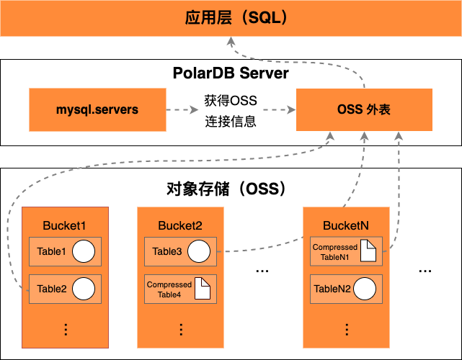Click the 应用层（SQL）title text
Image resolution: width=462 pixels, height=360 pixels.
(x=231, y=17)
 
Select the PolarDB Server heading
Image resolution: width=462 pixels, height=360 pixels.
(x=231, y=73)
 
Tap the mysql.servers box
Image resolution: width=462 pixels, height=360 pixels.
(x=97, y=110)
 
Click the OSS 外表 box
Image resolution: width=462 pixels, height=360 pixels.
(x=364, y=110)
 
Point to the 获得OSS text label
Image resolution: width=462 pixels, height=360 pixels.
(x=231, y=99)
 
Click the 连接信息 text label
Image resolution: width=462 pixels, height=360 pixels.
(x=231, y=120)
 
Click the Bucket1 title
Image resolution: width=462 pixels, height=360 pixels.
(x=65, y=226)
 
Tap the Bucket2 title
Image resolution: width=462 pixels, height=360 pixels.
(x=180, y=226)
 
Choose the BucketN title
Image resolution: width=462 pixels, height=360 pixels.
(x=346, y=226)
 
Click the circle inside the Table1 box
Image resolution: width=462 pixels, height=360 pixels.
(x=84, y=251)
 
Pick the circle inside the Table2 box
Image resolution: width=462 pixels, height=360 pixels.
(x=84, y=289)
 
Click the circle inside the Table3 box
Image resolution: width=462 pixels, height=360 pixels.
(x=199, y=251)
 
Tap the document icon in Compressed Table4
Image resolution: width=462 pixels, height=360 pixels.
(x=202, y=289)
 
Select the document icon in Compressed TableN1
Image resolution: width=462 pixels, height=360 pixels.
(x=368, y=251)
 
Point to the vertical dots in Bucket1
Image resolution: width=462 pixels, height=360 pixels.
(x=65, y=329)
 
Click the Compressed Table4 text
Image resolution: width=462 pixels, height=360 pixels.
(x=169, y=289)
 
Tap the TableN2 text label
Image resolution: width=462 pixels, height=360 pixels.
(x=332, y=289)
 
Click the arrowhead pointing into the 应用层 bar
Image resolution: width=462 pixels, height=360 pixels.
(x=231, y=42)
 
